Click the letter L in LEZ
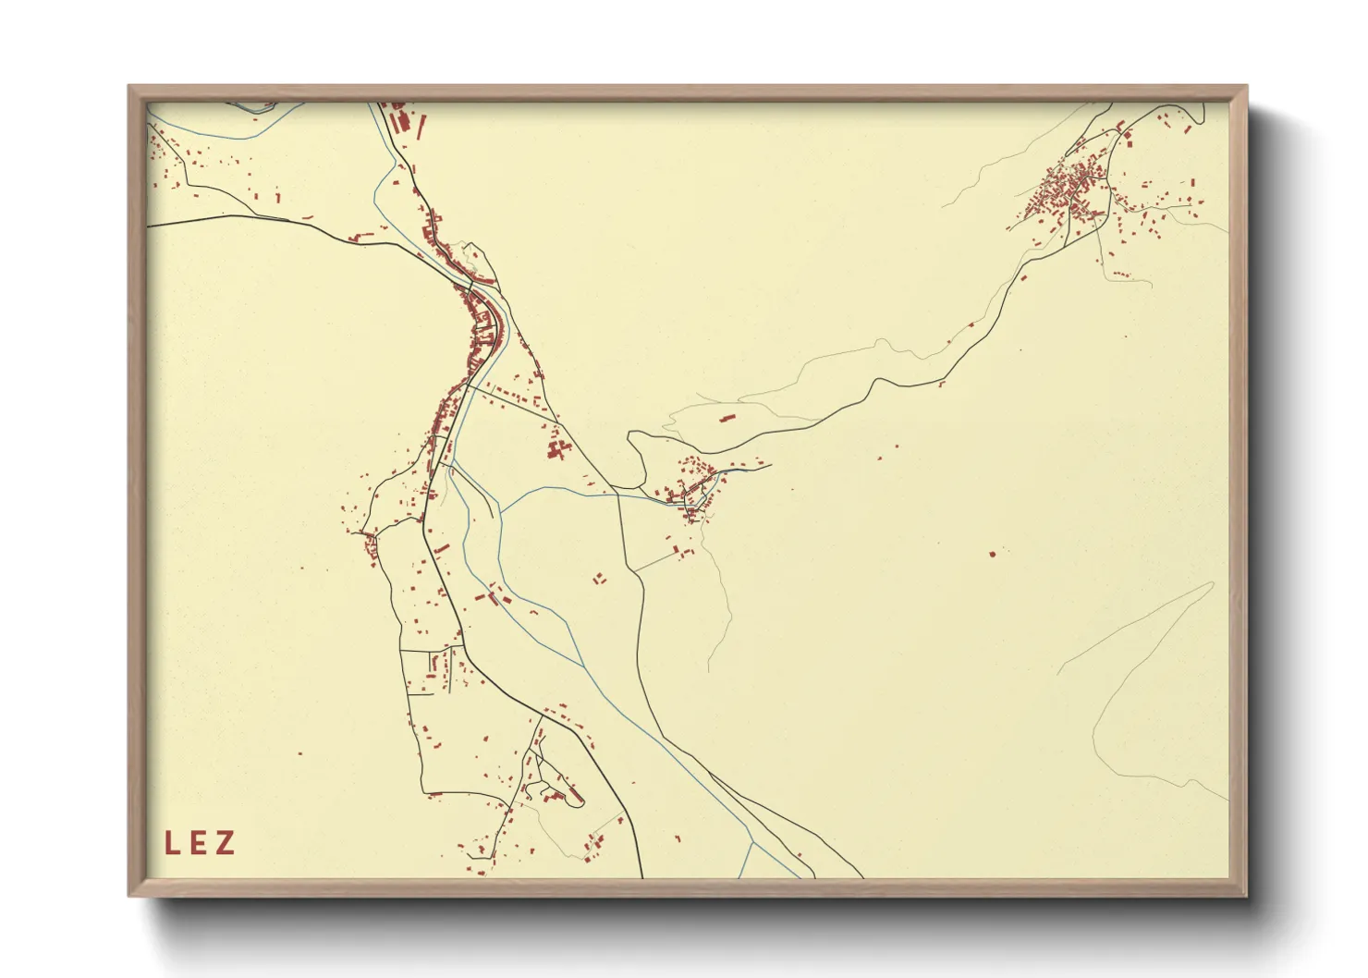(171, 843)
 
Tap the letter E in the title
(198, 843)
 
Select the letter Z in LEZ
(225, 843)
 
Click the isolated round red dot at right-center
(993, 554)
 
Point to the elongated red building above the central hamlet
(727, 419)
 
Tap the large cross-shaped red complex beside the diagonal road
(556, 449)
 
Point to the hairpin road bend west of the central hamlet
(634, 444)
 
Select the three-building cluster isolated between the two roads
(599, 579)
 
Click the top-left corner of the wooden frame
(129, 87)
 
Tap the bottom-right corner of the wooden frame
(1246, 895)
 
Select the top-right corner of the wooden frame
(1246, 87)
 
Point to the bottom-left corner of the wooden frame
(129, 895)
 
